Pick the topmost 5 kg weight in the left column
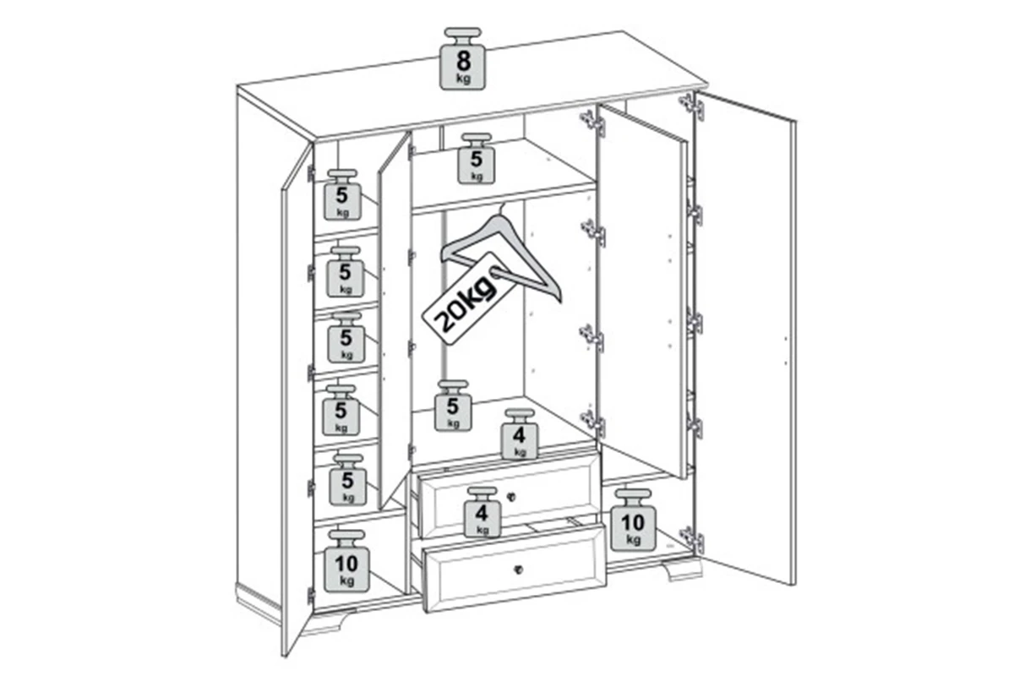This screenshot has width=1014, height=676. point(343,195)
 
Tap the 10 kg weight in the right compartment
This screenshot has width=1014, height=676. point(633,521)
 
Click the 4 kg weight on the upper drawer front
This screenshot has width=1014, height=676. point(482,513)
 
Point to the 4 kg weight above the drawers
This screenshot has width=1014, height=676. point(519,434)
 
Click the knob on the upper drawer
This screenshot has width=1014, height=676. point(510,497)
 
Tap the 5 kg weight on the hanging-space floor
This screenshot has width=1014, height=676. point(453,406)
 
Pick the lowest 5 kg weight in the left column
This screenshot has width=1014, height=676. point(347,481)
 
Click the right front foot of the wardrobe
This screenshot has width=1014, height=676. point(683,570)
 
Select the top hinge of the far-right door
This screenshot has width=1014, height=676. point(692,106)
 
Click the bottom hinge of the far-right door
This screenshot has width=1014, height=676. point(692,540)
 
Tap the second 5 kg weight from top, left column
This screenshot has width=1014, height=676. point(346,272)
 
